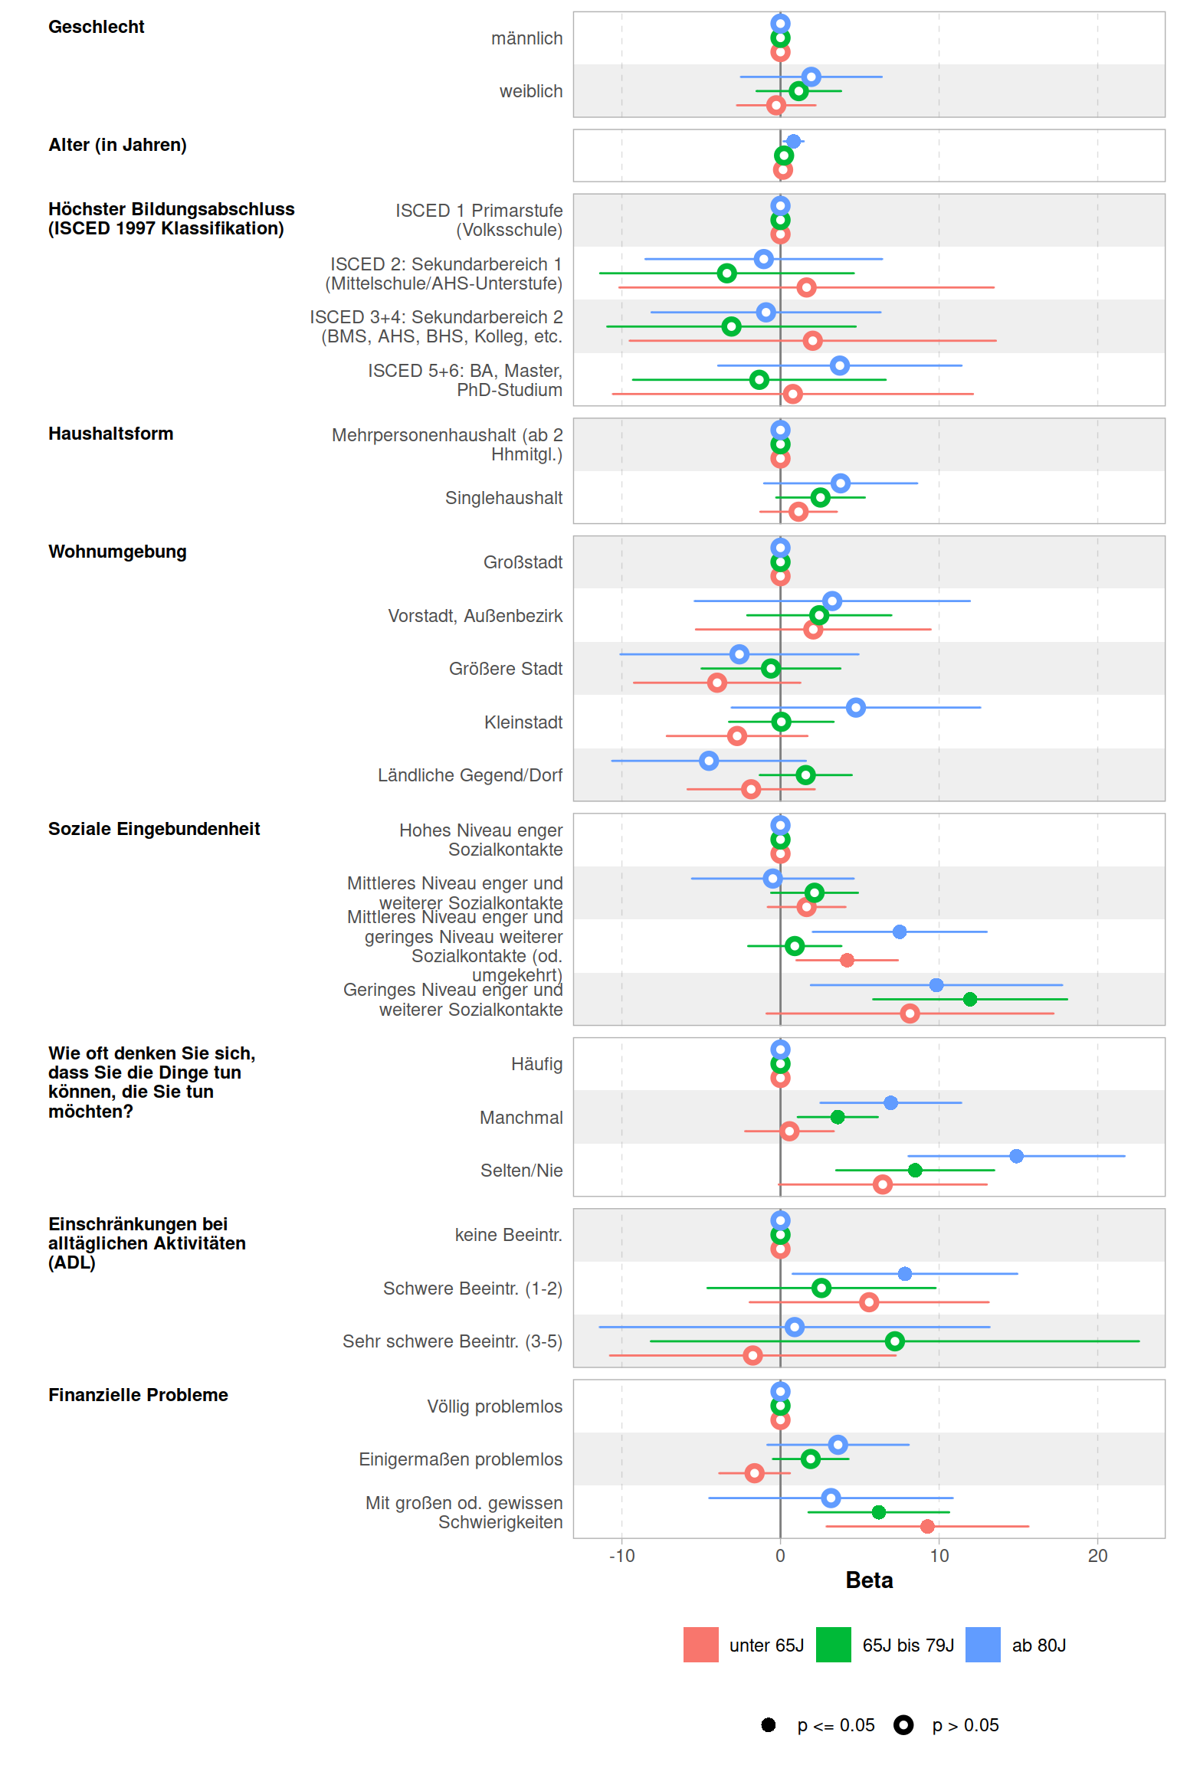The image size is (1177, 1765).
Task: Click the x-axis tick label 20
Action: [x=1097, y=1556]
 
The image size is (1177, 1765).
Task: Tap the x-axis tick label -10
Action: [x=621, y=1556]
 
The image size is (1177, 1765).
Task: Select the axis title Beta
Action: [x=869, y=1580]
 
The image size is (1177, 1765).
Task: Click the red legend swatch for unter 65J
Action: [x=700, y=1645]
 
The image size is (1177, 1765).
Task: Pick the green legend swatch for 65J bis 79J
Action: [x=833, y=1645]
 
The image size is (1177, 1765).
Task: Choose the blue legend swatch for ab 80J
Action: [x=982, y=1645]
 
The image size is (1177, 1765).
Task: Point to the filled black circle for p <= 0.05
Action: [x=769, y=1724]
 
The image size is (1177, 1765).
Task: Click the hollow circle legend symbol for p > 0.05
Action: [x=903, y=1724]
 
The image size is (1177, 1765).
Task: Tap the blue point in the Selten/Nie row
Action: [x=1016, y=1156]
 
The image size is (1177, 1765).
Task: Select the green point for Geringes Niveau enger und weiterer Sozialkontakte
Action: [x=970, y=999]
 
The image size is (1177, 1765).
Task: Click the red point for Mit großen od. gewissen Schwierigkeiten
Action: [x=927, y=1526]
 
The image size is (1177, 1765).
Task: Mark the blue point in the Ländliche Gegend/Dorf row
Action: [x=709, y=761]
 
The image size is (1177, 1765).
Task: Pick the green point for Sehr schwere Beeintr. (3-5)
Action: [x=894, y=1341]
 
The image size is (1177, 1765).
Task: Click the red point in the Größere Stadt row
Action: [x=717, y=683]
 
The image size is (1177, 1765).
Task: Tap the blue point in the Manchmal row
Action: [x=890, y=1102]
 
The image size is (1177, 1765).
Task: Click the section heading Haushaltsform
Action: [x=111, y=434]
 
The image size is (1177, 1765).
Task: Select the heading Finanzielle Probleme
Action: [x=138, y=1395]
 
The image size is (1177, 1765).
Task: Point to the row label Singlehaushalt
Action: [x=503, y=498]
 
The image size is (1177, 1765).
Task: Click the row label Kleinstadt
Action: [x=523, y=722]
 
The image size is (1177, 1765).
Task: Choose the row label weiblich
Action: [x=530, y=91]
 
